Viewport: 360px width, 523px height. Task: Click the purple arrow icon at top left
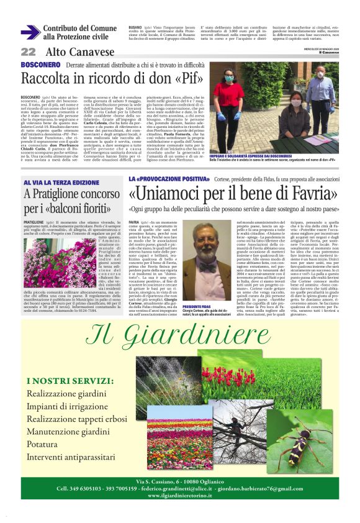[x=30, y=32]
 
